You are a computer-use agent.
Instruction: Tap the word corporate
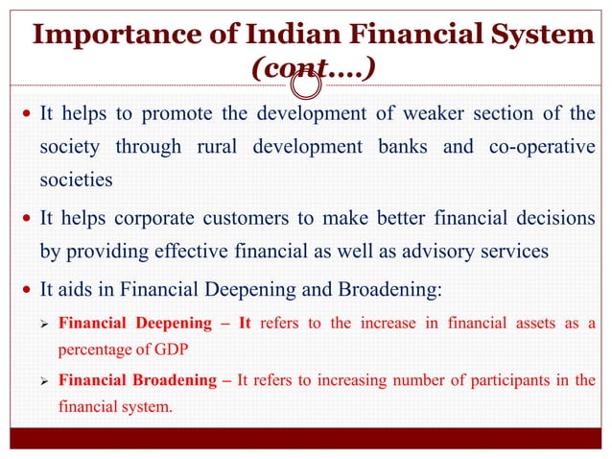(172, 219)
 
